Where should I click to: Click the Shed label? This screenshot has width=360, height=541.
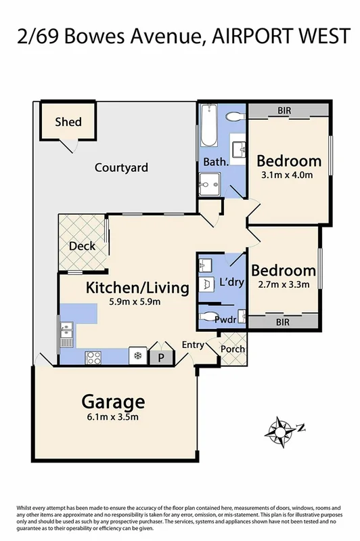(68, 122)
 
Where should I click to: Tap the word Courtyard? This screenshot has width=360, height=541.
(121, 167)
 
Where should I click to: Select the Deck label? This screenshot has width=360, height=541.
(83, 246)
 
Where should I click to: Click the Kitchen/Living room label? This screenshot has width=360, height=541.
(137, 288)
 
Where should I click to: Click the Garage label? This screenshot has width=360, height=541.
(114, 400)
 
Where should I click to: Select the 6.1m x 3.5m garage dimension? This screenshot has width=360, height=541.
(114, 416)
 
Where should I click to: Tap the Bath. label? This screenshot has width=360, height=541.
(215, 163)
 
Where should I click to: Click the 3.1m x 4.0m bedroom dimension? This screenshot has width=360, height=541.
(288, 175)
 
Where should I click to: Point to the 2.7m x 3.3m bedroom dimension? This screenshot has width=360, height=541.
(283, 285)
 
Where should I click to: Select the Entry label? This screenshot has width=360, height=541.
(194, 345)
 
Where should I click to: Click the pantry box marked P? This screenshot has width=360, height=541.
(162, 357)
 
